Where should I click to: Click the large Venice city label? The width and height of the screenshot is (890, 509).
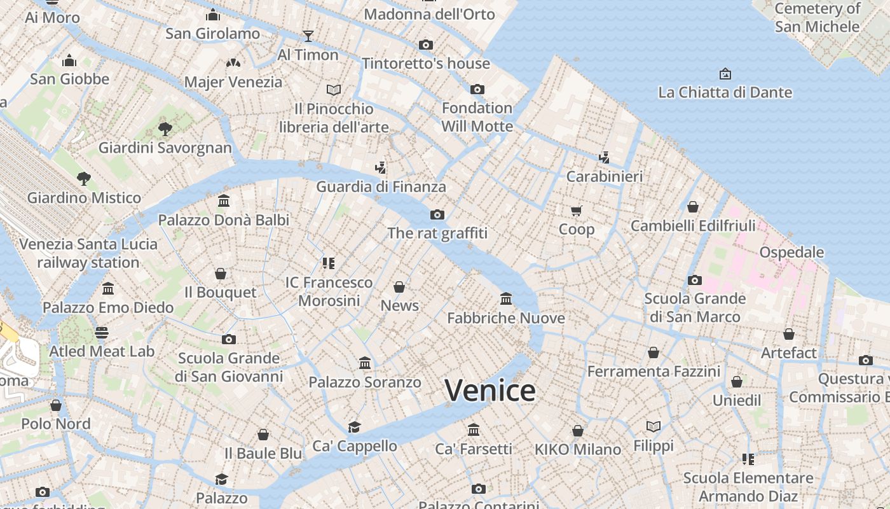489,390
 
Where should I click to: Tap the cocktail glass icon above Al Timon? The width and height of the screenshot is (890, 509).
308,36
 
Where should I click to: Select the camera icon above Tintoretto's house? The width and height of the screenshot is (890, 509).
426,45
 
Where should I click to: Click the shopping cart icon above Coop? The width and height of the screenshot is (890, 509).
576,211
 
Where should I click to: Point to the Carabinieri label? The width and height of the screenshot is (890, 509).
605,176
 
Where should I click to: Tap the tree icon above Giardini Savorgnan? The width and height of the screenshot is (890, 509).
165,129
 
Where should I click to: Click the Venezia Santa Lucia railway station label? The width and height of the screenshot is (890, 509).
88,253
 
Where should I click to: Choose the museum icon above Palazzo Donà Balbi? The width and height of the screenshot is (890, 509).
223,201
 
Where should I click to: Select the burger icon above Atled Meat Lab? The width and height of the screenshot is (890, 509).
102,332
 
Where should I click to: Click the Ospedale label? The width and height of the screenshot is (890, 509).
791,252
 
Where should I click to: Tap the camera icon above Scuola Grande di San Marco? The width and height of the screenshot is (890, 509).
694,280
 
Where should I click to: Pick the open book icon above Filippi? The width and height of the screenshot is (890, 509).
654,426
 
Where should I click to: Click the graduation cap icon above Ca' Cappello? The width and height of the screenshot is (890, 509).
354,427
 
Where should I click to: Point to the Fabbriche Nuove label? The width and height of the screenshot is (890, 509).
506,317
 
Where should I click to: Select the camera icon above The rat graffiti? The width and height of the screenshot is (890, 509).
437,214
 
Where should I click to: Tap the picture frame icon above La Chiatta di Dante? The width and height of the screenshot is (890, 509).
725,74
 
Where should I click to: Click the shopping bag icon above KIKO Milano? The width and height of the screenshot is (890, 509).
577,431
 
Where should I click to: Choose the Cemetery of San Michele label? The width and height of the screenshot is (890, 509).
817,18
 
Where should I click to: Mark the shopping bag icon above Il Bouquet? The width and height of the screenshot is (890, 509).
221,274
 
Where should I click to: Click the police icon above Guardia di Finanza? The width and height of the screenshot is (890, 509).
381,168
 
